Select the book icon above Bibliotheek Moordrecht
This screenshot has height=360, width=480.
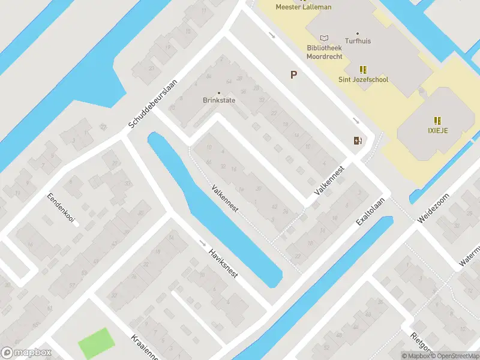coord(325,38)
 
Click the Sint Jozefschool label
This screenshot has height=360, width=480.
coord(362,80)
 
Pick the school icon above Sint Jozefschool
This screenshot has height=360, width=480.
coord(362,69)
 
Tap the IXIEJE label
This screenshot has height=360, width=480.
coord(438,130)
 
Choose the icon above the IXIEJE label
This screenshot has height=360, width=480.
coord(438,120)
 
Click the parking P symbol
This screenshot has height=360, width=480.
coord(293,75)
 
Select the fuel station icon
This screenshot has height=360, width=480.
coord(358,140)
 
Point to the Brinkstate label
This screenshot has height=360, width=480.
coord(218,100)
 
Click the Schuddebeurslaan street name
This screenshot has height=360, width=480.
coord(153,104)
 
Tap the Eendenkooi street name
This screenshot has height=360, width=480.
coord(61,208)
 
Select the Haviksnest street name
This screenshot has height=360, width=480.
coord(223,263)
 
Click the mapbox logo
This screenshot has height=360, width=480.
coord(26,353)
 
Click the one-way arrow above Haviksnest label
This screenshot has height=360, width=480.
coord(202,244)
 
